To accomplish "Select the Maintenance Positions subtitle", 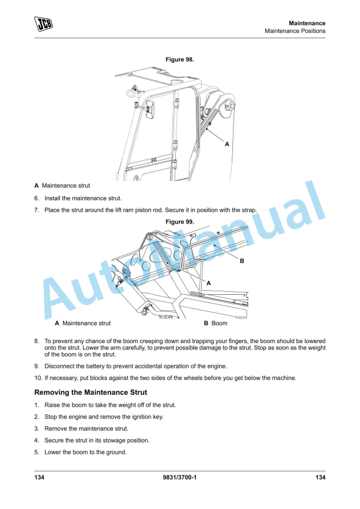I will point(295,31).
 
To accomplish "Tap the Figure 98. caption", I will point(180,59).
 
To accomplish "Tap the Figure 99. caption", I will point(180,222).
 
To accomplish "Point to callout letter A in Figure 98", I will point(227,144).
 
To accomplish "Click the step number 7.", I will point(36,210).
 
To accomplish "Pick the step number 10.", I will point(38,378).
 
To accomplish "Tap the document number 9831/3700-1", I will point(179,477).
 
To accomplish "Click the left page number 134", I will point(39,477).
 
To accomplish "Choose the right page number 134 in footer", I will point(320,477).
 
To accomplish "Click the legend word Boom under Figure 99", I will point(219,323).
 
